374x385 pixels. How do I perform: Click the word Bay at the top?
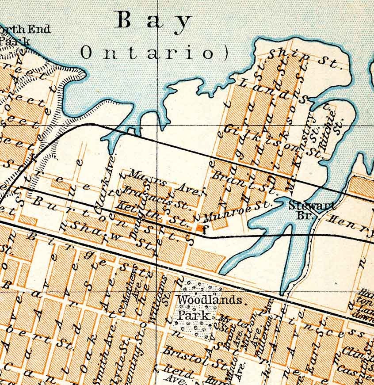tap(153, 21)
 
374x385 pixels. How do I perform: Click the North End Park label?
tap(24, 35)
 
